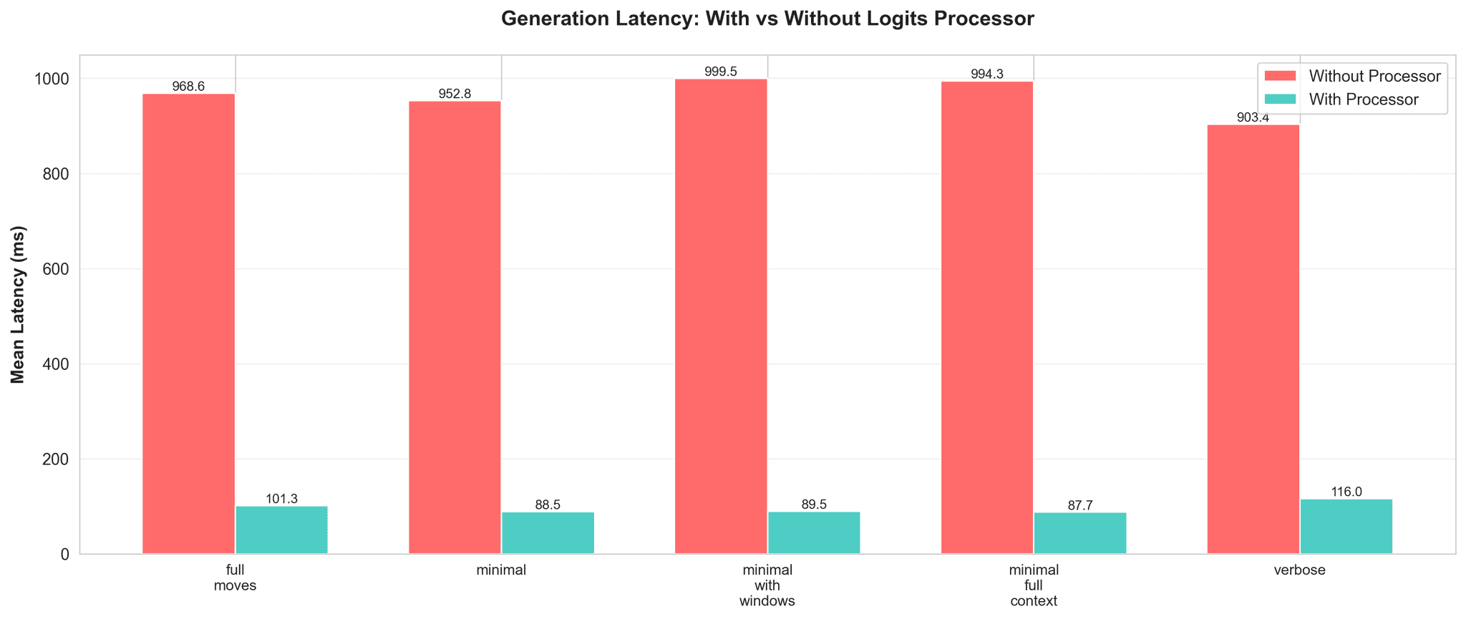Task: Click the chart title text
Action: [x=767, y=19]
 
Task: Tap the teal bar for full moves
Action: [x=281, y=530]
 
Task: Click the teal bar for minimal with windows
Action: [x=814, y=532]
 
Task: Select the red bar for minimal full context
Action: [x=987, y=318]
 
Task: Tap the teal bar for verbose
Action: [x=1346, y=526]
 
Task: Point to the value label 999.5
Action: [x=721, y=72]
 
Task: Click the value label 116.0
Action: [x=1346, y=492]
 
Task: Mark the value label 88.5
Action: [x=548, y=505]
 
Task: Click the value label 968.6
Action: [x=189, y=87]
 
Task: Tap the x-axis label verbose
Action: [x=1300, y=571]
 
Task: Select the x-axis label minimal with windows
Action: [x=767, y=585]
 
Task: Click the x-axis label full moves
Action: [x=236, y=578]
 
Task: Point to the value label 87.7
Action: [x=1079, y=505]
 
